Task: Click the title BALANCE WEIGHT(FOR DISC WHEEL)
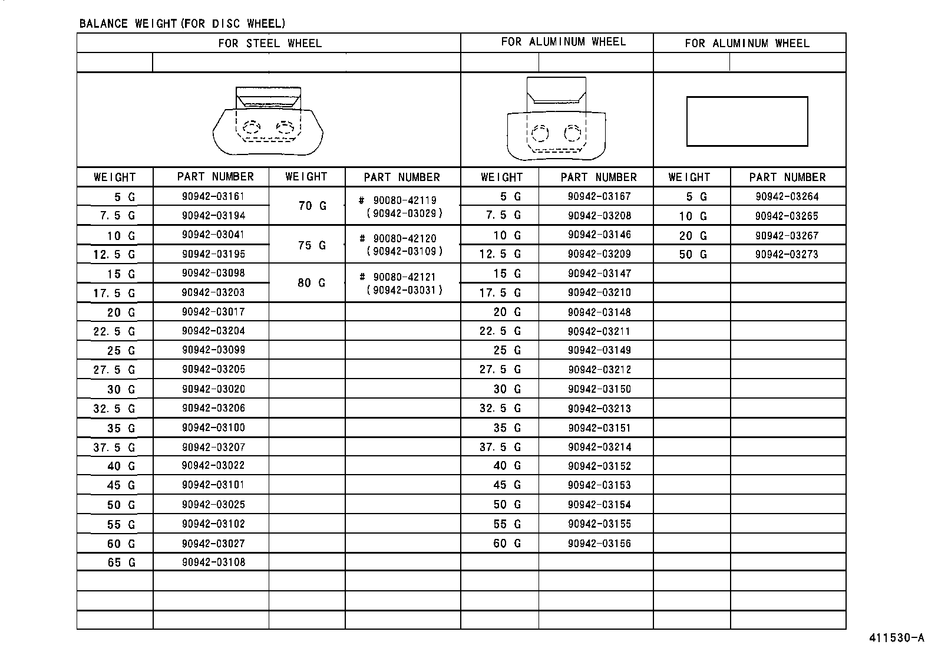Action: tap(182, 24)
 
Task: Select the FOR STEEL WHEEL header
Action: tap(270, 43)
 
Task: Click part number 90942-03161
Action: tap(213, 196)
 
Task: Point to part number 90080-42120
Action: tap(405, 239)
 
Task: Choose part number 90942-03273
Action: tap(787, 254)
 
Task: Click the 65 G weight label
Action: tap(121, 563)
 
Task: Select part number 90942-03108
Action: tap(213, 562)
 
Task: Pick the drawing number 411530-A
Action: tap(896, 639)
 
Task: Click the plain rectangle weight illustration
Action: tap(747, 121)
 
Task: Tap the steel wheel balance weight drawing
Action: tap(268, 121)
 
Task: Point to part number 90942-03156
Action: tap(599, 544)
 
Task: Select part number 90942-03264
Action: tap(787, 196)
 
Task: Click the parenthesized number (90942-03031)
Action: tap(404, 290)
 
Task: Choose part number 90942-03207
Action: tap(213, 447)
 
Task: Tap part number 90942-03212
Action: tap(599, 370)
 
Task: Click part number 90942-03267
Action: tap(787, 235)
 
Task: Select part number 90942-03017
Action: tap(213, 312)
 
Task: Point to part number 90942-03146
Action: tap(599, 235)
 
